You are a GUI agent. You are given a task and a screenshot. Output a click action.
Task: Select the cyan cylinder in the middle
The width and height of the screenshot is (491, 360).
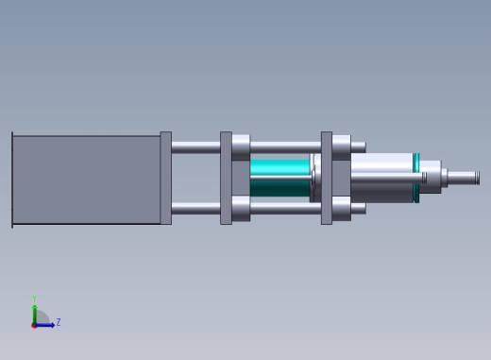279,178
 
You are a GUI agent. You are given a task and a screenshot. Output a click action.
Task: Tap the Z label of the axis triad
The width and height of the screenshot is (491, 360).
59,322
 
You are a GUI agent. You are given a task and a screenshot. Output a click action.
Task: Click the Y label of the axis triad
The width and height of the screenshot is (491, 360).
34,300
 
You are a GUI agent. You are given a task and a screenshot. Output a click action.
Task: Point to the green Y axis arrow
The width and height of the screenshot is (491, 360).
34,313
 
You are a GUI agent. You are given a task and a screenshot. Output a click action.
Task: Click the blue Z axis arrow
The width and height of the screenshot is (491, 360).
46,324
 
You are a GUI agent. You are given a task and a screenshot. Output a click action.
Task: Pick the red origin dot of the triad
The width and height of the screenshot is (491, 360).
34,325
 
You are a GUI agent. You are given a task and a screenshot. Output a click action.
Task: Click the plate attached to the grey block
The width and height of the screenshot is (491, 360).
166,178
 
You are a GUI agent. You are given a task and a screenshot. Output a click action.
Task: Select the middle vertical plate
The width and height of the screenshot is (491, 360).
226,178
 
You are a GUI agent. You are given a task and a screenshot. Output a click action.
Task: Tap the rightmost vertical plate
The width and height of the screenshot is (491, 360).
327,178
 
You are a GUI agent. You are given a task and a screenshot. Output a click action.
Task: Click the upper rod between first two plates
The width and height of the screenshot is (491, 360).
195,146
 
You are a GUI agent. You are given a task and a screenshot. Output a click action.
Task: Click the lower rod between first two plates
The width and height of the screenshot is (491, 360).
195,209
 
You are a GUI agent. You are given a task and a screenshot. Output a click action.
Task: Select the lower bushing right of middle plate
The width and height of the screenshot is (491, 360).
242,209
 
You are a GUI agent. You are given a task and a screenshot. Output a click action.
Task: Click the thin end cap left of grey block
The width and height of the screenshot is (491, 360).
12,179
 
